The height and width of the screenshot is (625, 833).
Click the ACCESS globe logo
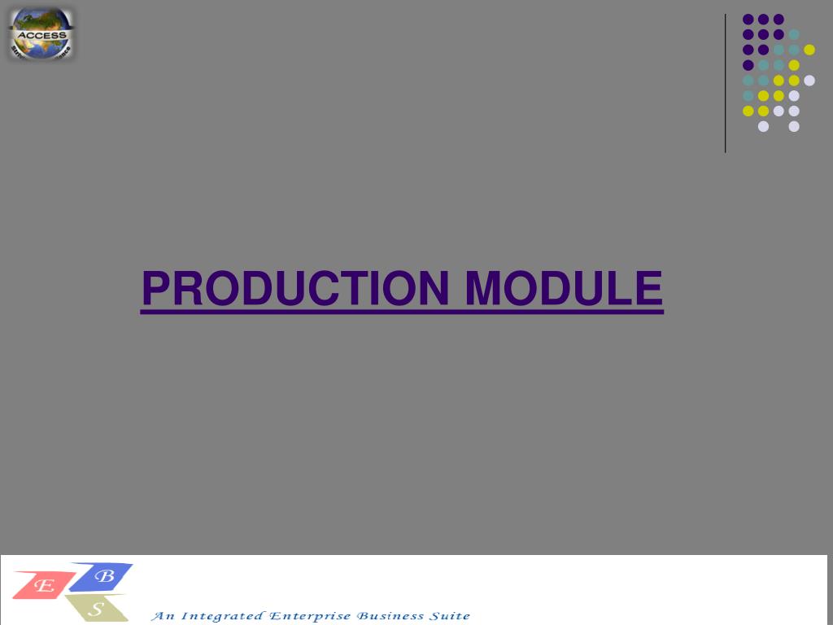41,33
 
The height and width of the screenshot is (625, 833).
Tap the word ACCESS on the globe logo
41,35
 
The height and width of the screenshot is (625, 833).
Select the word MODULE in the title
564,288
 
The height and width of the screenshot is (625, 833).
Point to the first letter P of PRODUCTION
153,288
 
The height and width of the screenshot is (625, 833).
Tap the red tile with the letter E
44,584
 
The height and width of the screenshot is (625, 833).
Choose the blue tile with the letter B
103,576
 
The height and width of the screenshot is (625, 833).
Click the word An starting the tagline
164,616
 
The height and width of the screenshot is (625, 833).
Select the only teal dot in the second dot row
794,34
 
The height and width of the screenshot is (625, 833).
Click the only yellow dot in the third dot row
809,50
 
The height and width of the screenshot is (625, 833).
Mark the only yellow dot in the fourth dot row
794,65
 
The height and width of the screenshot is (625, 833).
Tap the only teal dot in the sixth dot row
748,95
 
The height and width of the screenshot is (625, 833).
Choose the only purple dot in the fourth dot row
748,65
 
